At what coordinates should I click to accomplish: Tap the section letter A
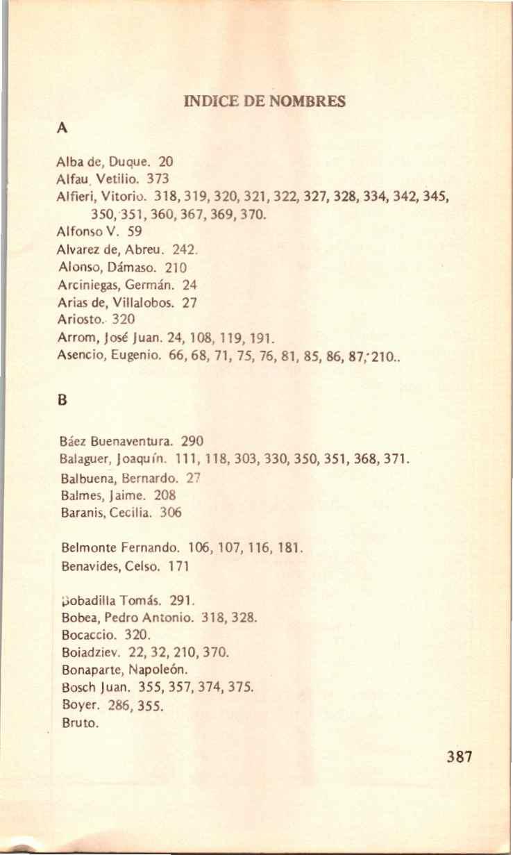pyautogui.click(x=62, y=128)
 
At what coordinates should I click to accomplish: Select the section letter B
pyautogui.click(x=62, y=401)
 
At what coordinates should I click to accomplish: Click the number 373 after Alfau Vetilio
pyautogui.click(x=149, y=179)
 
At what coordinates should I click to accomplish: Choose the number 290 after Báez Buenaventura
pyautogui.click(x=193, y=440)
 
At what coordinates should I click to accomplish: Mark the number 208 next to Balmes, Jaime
pyautogui.click(x=166, y=496)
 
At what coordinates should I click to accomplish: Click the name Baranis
pyautogui.click(x=81, y=514)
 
